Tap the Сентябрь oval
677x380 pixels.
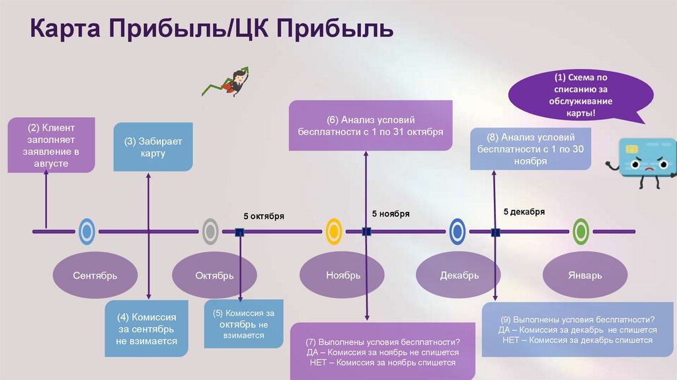coord(95,275)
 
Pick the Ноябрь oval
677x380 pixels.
coord(343,275)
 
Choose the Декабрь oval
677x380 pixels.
coord(459,275)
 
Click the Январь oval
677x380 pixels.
coord(584,275)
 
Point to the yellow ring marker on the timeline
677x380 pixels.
coord(334,231)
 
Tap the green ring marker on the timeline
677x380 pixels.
coord(581,231)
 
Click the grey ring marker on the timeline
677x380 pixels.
coord(210,231)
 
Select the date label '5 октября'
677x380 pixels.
coord(264,216)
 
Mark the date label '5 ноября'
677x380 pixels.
coord(391,214)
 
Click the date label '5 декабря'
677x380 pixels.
coord(524,212)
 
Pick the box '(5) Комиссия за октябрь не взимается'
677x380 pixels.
coord(239,324)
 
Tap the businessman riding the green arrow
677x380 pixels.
coord(231,82)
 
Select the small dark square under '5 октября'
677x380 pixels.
coord(239,232)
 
